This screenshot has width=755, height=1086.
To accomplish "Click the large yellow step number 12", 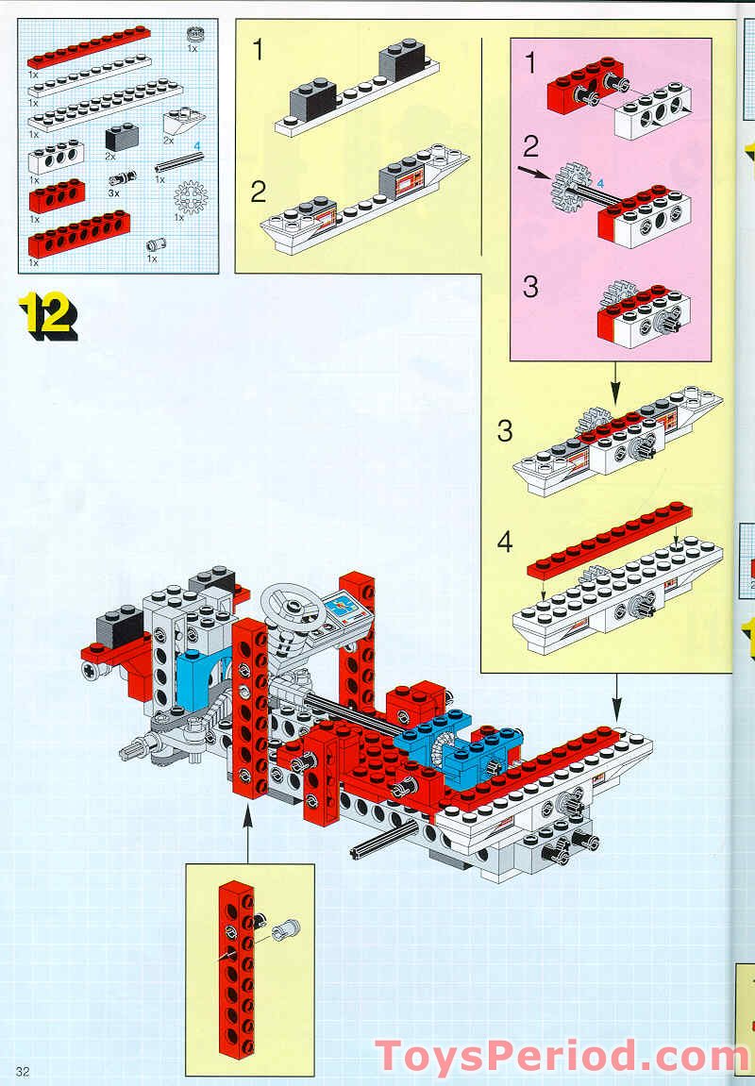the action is [47, 315].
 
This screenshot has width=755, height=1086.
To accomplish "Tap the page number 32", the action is [22, 1072].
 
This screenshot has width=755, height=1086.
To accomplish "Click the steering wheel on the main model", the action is [291, 605].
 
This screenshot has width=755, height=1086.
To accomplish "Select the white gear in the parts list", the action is [190, 196].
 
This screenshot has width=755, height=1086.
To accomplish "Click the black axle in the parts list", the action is [178, 162].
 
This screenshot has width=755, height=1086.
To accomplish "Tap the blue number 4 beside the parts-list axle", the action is [196, 145].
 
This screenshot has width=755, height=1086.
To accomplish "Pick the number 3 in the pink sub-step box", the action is [529, 286].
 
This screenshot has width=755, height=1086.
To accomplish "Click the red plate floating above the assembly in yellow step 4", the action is [610, 541].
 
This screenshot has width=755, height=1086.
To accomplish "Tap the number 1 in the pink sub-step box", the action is [529, 63].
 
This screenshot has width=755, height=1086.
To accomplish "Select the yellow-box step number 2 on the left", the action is [259, 192].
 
